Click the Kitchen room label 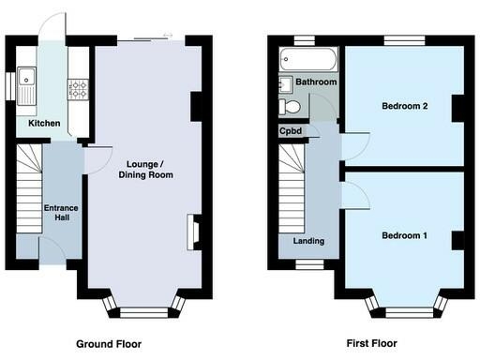(44, 124)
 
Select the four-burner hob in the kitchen (77, 91)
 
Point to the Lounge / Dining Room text (144, 169)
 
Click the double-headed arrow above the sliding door (168, 36)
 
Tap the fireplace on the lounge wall (193, 232)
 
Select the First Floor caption (372, 344)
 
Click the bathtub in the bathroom (304, 63)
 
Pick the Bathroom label (316, 82)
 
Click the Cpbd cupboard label (289, 131)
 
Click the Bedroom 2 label (404, 106)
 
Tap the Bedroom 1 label (404, 235)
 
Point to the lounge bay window (142, 307)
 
